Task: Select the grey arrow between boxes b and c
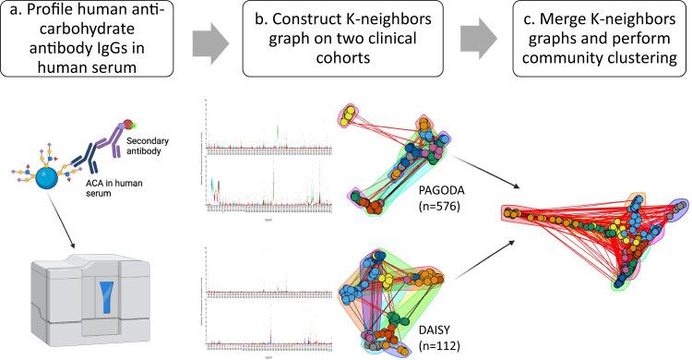click(x=472, y=40)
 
